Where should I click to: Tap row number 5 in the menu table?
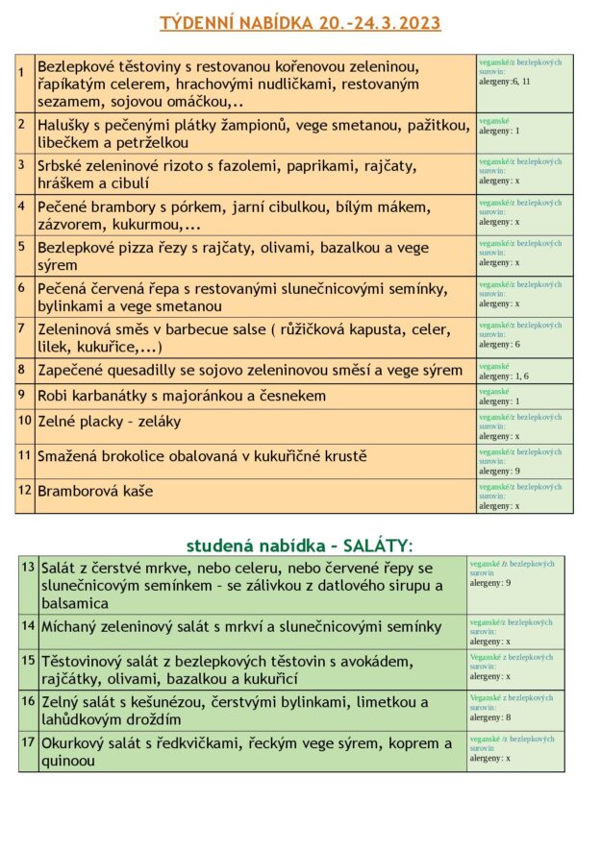point(21,246)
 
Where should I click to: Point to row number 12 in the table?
point(24,490)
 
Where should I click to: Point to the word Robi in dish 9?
point(54,396)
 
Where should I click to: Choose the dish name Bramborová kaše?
point(95,491)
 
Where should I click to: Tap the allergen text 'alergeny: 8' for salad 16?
point(490,716)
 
